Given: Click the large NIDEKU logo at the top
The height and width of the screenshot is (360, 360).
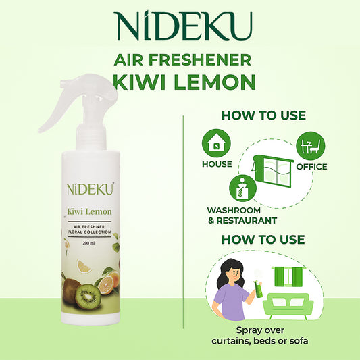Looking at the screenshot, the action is point(184,26).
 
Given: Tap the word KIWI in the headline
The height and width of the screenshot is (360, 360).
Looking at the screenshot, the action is point(140,82).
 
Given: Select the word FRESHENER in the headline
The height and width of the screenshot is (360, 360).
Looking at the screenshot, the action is point(200,59).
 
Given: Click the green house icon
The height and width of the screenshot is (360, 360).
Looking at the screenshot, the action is point(216,143).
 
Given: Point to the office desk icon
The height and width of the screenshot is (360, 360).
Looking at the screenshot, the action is point(311,146).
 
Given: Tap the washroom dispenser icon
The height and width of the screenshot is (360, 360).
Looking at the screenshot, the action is point(242,188).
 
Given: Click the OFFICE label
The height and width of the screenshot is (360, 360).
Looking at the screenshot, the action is point(311,167).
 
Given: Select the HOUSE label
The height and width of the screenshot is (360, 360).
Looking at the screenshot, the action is point(217,164).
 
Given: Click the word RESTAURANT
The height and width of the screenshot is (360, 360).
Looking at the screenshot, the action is point(247,221).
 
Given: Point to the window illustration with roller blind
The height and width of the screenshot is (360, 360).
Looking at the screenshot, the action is point(273,171).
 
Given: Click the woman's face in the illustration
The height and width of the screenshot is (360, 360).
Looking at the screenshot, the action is point(234,276).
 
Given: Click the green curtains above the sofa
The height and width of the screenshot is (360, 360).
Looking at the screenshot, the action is point(288,276).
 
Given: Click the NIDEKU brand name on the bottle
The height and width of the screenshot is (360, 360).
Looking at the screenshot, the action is point(91,189).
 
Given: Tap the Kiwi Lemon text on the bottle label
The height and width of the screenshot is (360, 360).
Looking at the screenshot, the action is point(90,211).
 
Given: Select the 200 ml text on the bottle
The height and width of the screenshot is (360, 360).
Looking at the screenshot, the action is point(89,243).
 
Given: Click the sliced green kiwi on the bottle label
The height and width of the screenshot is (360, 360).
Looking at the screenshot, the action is point(88,297).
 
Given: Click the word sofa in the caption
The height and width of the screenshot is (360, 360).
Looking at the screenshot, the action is point(299,341).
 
